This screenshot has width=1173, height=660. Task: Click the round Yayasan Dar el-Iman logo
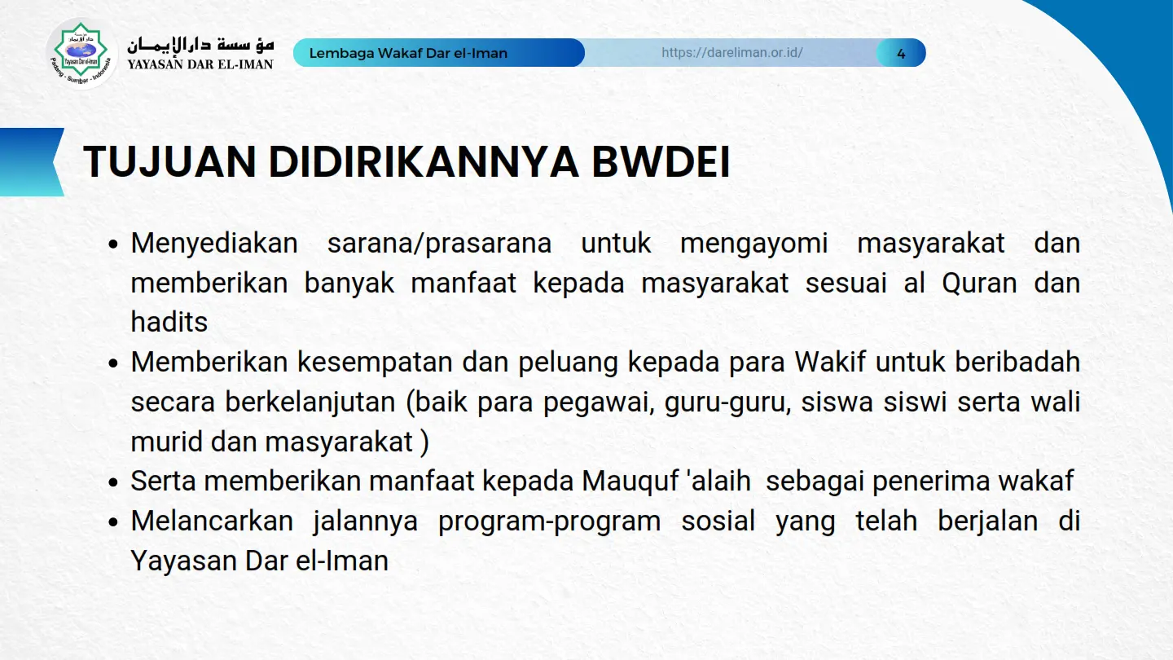[81, 53]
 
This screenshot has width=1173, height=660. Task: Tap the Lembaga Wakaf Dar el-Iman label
[408, 53]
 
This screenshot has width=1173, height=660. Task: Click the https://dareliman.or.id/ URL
[731, 52]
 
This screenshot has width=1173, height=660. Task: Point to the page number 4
[901, 54]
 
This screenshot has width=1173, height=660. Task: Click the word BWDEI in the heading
[661, 162]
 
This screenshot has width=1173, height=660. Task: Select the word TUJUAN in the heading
[169, 162]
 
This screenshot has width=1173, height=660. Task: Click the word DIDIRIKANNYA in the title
[424, 162]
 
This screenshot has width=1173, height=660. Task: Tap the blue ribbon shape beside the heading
[32, 162]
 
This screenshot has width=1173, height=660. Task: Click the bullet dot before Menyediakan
[113, 244]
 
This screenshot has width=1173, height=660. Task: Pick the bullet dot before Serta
[113, 482]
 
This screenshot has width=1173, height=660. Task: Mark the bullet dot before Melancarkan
[113, 522]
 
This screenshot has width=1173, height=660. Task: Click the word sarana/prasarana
[439, 244]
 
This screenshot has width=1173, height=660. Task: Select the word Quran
[979, 284]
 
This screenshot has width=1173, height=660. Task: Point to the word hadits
[169, 322]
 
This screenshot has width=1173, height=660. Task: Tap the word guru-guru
[728, 403]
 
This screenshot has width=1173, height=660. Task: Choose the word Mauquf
[630, 482]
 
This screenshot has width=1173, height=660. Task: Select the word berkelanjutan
[310, 403]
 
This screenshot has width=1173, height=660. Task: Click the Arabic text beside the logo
[200, 45]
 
